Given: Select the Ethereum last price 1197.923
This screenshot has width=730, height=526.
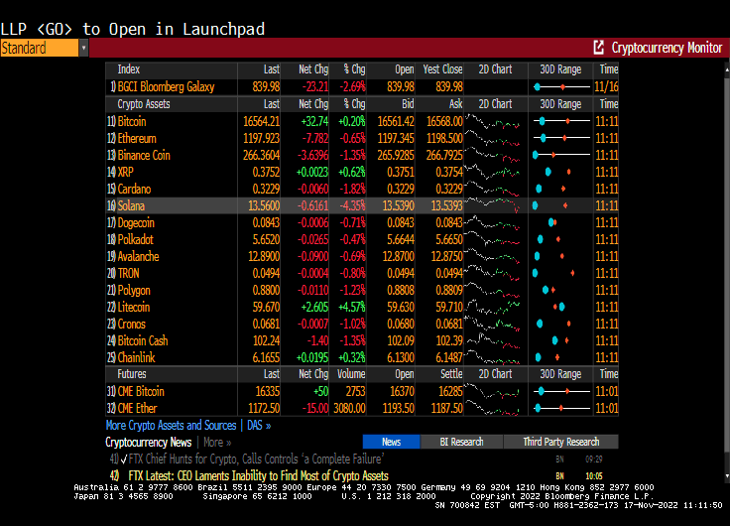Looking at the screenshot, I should pos(261,138).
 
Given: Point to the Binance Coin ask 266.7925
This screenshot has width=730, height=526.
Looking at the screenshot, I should pos(442,155).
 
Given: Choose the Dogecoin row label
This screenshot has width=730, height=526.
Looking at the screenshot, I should pos(138,222).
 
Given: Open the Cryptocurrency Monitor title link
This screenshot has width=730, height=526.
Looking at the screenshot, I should pos(666,48).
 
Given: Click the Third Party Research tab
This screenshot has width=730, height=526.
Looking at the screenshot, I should pos(560,442).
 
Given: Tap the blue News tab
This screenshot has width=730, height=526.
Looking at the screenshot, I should pos(391,442).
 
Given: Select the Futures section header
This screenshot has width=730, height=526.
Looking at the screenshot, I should pos(132,374).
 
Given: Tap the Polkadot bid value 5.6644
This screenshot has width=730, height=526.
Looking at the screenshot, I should pos(397,239).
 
